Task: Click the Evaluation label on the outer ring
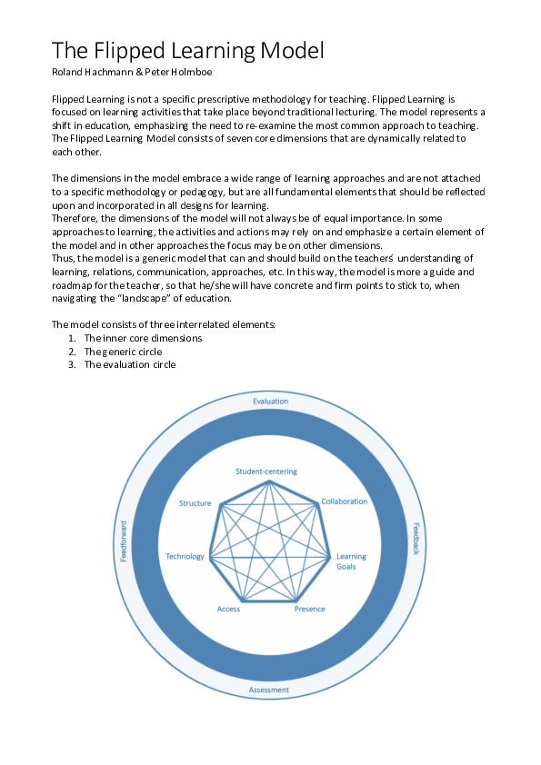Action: [270, 401]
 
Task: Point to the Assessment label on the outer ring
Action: [269, 690]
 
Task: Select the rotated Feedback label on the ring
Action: [416, 539]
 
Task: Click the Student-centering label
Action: [266, 472]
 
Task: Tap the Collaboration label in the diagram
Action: [344, 502]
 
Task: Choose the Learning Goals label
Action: [351, 561]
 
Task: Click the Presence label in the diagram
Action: [309, 609]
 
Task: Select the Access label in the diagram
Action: [228, 609]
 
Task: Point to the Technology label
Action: [185, 556]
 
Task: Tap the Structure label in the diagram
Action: [195, 503]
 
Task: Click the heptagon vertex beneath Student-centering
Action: [267, 482]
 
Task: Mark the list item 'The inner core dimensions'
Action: [143, 338]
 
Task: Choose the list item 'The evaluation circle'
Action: [130, 364]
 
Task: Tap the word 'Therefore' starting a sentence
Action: [75, 219]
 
